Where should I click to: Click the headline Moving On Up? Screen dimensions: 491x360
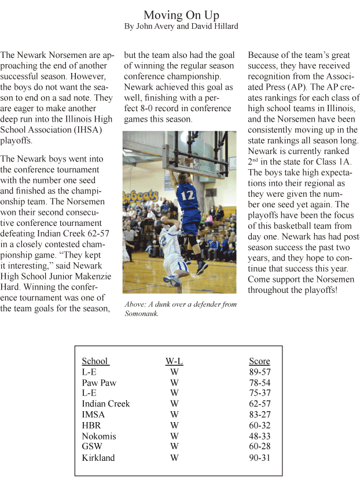click(x=181, y=15)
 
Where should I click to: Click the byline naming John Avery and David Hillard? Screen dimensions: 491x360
click(x=181, y=27)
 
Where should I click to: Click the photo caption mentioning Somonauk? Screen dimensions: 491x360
click(x=180, y=309)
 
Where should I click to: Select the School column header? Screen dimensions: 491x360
click(x=95, y=361)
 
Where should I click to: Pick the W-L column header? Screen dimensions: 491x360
click(x=174, y=361)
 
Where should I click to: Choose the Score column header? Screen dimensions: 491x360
click(x=259, y=361)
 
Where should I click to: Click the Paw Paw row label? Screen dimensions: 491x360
click(x=99, y=383)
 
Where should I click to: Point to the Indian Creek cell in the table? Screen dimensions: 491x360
click(x=106, y=404)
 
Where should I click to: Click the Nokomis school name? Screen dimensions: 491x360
click(x=98, y=436)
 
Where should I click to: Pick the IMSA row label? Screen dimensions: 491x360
click(x=94, y=415)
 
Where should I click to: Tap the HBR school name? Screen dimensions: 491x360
click(x=92, y=426)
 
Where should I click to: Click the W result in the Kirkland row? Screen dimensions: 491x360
click(x=174, y=458)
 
